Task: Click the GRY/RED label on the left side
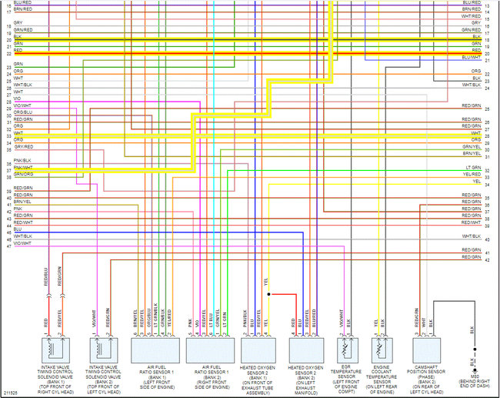pyautogui.click(x=23, y=146)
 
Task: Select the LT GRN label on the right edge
pyautogui.click(x=472, y=167)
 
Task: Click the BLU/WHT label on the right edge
pyautogui.click(x=471, y=57)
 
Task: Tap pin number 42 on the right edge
pyautogui.click(x=487, y=261)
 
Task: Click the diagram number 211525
pyautogui.click(x=10, y=393)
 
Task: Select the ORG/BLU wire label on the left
pyautogui.click(x=23, y=112)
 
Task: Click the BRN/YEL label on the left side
pyautogui.click(x=22, y=201)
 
